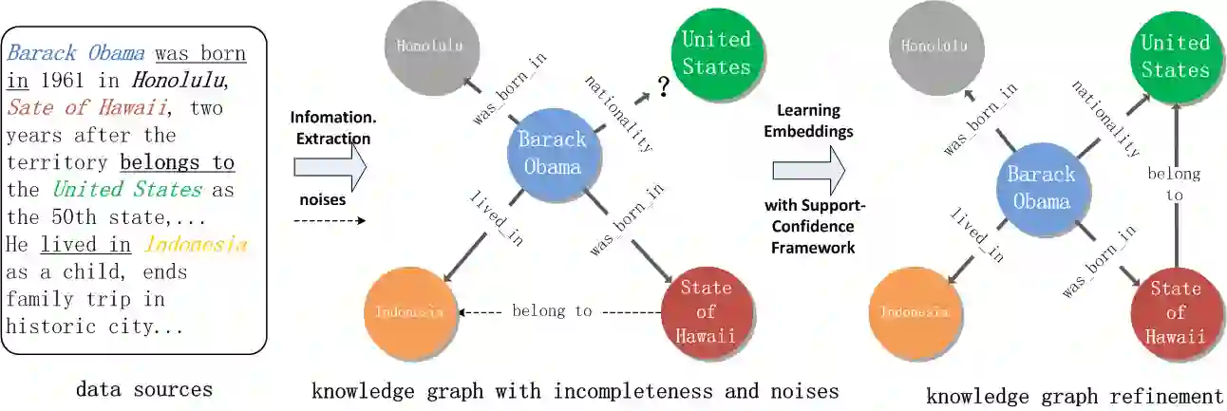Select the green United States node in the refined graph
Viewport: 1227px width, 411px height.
click(x=1176, y=57)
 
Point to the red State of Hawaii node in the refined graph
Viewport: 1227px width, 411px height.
click(x=1176, y=313)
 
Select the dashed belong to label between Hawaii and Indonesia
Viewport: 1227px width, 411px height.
click(x=552, y=310)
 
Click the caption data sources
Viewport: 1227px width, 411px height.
click(x=143, y=389)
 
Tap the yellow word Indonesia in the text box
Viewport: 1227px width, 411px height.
click(x=197, y=245)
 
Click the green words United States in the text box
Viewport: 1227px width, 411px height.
click(x=127, y=190)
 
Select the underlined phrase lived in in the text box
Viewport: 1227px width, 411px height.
click(x=86, y=245)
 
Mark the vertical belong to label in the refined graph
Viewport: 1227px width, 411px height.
click(x=1175, y=185)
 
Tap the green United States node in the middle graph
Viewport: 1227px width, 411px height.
click(x=716, y=53)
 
